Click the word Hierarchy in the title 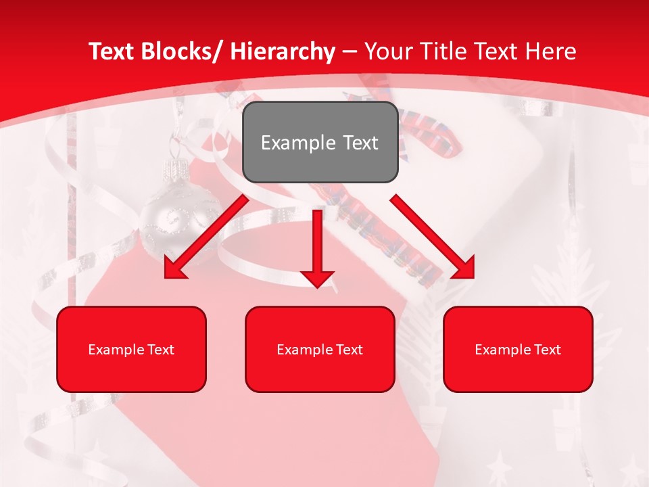[x=283, y=51]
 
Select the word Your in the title [x=387, y=51]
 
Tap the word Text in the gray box [x=360, y=143]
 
